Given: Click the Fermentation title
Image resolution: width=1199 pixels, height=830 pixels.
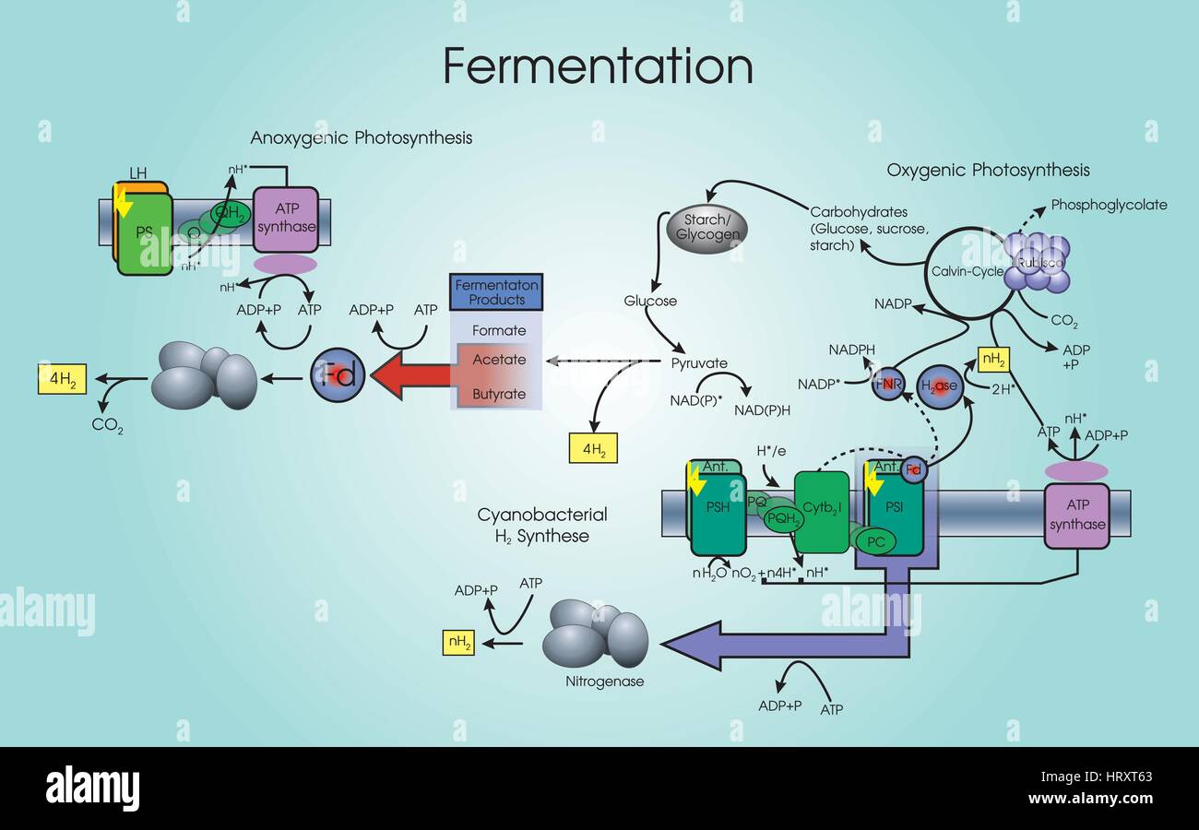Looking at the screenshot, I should point(598,66).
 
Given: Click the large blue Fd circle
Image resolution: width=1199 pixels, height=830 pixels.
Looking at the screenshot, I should point(338,375).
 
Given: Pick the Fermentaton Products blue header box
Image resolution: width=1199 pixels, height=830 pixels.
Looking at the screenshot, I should point(496,292).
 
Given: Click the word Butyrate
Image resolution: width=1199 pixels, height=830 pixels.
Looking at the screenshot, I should point(499,394).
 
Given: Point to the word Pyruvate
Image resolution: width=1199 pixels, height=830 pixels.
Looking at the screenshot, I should point(699,363).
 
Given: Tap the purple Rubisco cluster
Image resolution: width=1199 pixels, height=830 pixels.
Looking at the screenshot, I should point(1038,260).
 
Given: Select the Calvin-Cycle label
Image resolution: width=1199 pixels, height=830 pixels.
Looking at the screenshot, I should point(965,272).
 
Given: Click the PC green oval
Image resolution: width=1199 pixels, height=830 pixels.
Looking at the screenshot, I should point(875,541).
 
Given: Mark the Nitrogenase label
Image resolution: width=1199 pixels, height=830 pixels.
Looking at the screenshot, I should point(603,682).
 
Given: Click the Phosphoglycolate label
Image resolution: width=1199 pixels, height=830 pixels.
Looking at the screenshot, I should point(1109,205).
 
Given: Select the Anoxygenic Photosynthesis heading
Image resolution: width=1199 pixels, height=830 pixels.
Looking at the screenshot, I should point(362,138).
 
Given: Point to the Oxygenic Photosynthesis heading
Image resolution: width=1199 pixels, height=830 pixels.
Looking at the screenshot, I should point(988,170).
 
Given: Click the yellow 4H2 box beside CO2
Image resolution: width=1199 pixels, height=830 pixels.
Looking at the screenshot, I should point(63,379).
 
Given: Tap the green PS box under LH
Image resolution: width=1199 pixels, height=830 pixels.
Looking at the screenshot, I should point(144,233).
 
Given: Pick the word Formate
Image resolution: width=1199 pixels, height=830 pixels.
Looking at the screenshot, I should point(499,330).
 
